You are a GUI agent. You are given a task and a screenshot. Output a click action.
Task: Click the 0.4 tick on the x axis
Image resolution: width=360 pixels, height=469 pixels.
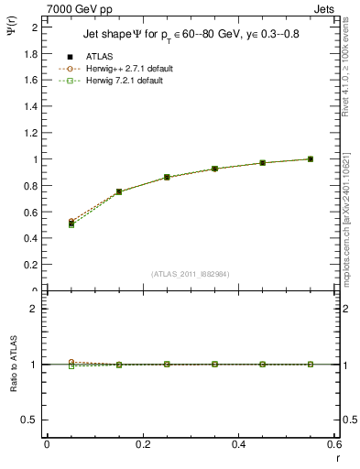click(238, 444)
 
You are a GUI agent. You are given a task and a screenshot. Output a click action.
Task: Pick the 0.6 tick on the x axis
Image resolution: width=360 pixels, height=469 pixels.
click(334, 444)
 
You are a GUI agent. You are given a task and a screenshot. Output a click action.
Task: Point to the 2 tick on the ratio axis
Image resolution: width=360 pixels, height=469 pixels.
click(35, 309)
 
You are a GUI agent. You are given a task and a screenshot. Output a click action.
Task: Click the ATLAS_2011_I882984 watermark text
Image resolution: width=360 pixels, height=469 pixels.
click(191, 274)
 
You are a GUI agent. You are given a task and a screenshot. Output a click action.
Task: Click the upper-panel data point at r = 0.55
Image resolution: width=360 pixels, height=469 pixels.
click(311, 158)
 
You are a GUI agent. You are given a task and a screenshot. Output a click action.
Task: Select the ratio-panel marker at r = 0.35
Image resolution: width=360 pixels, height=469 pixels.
click(214, 364)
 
